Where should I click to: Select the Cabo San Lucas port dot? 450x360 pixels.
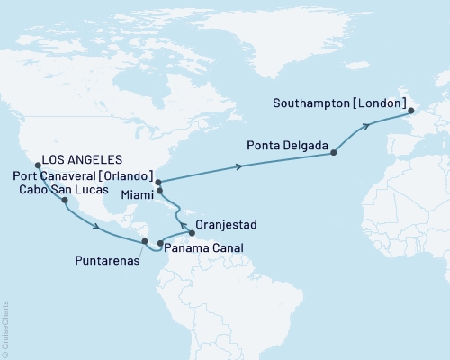[65, 201]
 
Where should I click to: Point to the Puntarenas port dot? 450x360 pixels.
[144, 241]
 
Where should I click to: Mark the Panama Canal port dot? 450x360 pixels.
[160, 243]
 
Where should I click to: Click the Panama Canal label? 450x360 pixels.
[203, 247]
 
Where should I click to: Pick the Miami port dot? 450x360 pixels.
[160, 191]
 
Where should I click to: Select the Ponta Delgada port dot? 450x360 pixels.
[333, 153]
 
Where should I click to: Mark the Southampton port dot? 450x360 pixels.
[410, 112]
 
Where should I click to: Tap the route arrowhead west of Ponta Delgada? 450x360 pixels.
[241, 166]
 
